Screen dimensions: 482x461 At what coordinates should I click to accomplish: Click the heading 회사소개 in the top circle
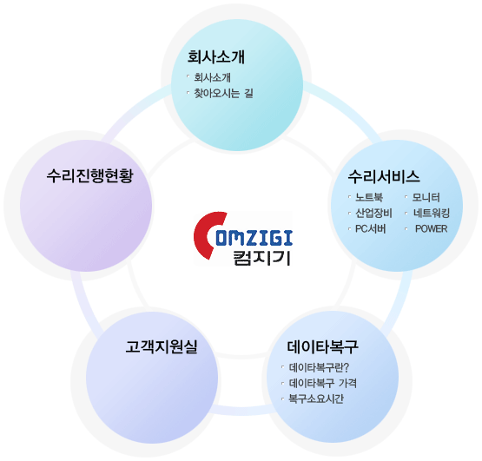pyautogui.click(x=215, y=57)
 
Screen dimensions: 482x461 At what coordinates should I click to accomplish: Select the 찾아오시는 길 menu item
pyautogui.click(x=223, y=93)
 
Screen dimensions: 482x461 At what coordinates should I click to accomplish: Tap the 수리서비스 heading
pyautogui.click(x=384, y=177)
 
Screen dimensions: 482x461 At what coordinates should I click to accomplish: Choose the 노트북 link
pyautogui.click(x=369, y=197)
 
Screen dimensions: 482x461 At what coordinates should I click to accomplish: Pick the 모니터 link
pyautogui.click(x=426, y=197)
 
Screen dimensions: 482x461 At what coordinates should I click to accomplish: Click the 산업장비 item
pyautogui.click(x=373, y=213)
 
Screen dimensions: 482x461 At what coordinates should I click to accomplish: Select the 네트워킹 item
pyautogui.click(x=432, y=213)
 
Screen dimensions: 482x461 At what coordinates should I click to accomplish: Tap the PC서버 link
pyautogui.click(x=371, y=228)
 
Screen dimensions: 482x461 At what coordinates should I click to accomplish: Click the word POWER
pyautogui.click(x=432, y=228)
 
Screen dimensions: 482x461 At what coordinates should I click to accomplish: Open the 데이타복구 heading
pyautogui.click(x=323, y=346)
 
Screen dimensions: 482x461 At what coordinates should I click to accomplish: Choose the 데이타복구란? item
pyautogui.click(x=319, y=367)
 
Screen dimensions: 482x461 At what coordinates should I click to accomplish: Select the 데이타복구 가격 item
pyautogui.click(x=323, y=383)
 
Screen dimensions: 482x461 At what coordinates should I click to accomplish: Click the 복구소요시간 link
pyautogui.click(x=316, y=398)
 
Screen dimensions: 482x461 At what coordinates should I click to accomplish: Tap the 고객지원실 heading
pyautogui.click(x=162, y=346)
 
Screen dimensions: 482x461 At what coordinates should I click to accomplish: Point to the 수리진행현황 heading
pyautogui.click(x=89, y=176)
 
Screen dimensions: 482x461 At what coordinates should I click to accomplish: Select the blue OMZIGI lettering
pyautogui.click(x=254, y=238)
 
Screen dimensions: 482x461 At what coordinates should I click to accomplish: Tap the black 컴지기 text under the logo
pyautogui.click(x=262, y=258)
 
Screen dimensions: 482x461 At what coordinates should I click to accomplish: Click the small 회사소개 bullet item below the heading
pyautogui.click(x=213, y=77)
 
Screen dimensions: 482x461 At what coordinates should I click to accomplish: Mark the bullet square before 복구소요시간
pyautogui.click(x=282, y=398)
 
